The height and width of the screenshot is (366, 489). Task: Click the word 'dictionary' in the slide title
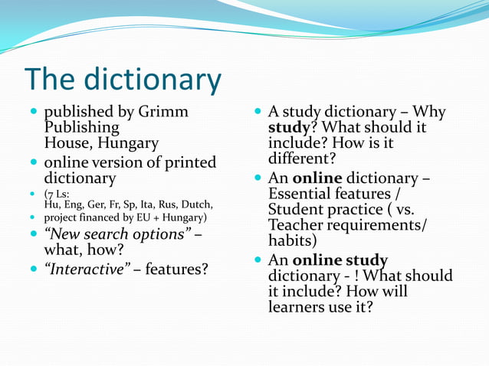click(153, 80)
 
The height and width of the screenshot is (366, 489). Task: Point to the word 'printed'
click(188, 162)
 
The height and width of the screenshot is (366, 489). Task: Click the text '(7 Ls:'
click(57, 194)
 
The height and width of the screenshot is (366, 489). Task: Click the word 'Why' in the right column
click(429, 112)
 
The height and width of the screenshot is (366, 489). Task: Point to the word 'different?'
click(302, 159)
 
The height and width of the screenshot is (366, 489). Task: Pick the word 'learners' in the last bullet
click(296, 307)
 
